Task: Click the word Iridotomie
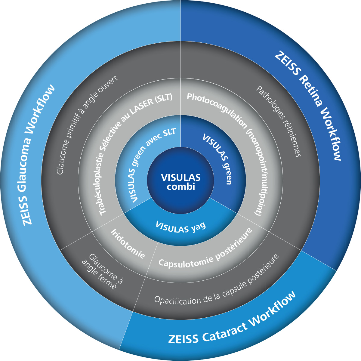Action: click(128, 244)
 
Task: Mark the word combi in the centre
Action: click(181, 187)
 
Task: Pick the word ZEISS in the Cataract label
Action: click(183, 338)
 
